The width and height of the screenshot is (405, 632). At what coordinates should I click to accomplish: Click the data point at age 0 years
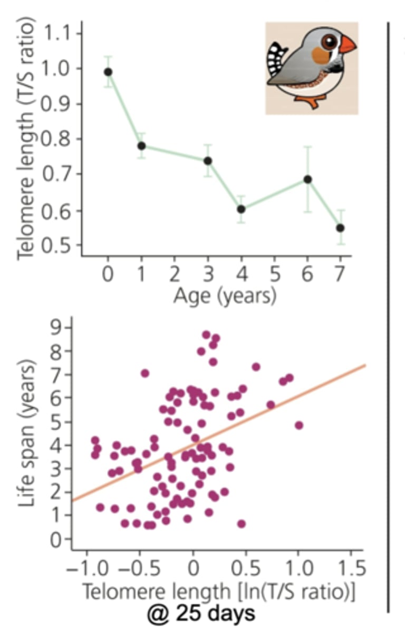[108, 72]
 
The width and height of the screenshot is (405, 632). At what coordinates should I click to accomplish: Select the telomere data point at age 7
[341, 228]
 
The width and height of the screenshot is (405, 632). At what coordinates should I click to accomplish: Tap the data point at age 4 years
[241, 209]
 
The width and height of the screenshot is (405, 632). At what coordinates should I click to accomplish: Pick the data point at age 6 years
[307, 179]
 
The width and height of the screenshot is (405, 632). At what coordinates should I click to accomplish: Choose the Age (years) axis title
[225, 296]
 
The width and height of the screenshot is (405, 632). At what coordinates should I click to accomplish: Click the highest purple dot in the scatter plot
[206, 334]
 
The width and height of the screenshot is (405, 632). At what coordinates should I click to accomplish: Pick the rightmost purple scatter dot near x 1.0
[299, 425]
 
